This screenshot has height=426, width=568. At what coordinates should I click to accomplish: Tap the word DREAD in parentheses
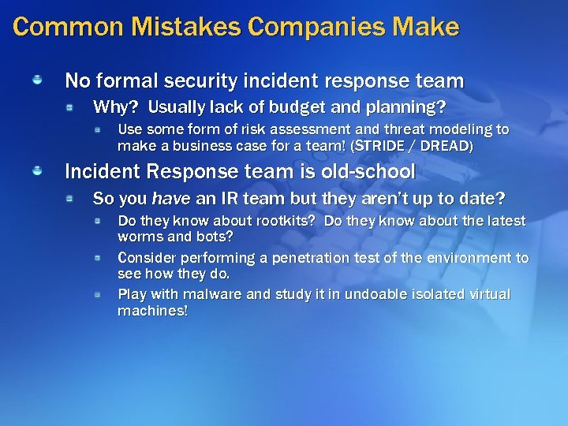(448, 146)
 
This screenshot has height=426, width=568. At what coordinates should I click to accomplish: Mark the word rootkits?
(282, 220)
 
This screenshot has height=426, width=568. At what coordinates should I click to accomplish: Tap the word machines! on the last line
(152, 311)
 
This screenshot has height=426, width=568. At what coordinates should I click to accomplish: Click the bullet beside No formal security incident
(37, 80)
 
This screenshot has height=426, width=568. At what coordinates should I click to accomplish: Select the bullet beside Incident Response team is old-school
(37, 171)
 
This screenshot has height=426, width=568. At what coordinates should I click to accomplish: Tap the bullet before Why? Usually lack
(71, 106)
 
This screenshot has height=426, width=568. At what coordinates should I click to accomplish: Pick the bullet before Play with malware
(98, 294)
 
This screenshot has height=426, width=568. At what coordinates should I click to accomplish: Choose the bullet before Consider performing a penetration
(98, 258)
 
